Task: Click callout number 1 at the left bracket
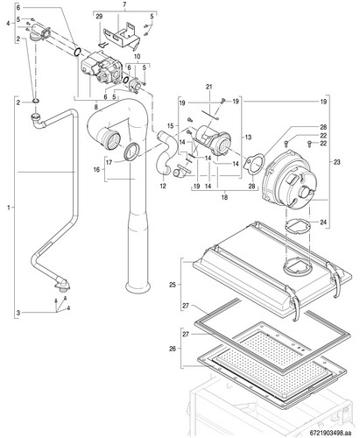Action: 9,208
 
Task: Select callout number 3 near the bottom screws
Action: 18,313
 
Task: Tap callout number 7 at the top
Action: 124,4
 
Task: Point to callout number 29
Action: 99,17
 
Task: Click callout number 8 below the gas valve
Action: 96,107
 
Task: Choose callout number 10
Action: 138,56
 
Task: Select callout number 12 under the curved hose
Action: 163,186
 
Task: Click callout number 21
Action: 208,87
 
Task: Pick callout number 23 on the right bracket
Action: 336,162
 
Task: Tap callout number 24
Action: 323,223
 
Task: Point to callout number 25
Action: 173,285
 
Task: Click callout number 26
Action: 173,349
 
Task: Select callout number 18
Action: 224,197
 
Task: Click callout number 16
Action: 96,169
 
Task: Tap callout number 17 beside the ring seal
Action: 109,162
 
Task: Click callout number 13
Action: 248,137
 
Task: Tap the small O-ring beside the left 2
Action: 36,102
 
